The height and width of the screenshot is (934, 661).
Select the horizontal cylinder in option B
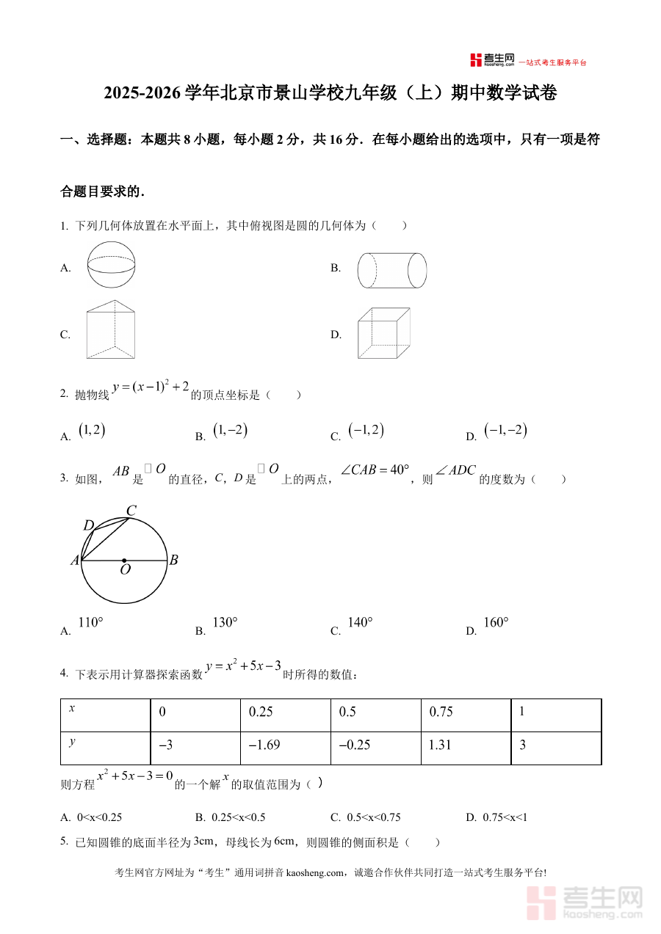click(x=392, y=270)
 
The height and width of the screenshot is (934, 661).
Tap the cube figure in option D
click(x=383, y=333)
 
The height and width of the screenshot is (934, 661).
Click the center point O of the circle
click(x=124, y=561)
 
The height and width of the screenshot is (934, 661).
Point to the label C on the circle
click(x=131, y=511)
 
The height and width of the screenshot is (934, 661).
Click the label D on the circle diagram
click(x=89, y=525)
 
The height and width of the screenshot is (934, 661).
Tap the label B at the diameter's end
click(x=174, y=561)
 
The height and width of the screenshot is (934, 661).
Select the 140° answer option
click(x=360, y=623)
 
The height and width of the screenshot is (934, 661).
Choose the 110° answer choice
click(x=90, y=623)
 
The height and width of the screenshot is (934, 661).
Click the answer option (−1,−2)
click(x=506, y=431)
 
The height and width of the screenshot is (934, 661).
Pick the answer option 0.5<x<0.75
click(x=372, y=817)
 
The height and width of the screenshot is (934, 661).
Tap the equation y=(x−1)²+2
click(x=151, y=387)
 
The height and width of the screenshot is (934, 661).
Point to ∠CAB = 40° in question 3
click(x=375, y=470)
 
